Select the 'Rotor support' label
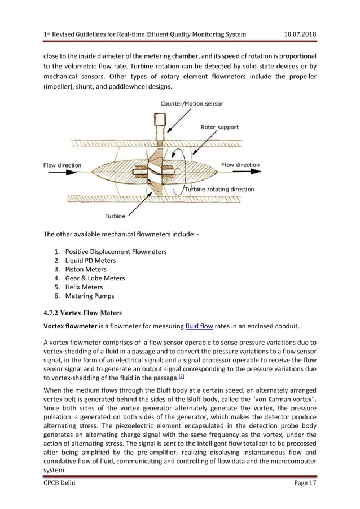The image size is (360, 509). [x=219, y=127]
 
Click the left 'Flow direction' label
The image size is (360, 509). [x=62, y=165]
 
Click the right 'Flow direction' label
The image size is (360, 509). [x=240, y=165]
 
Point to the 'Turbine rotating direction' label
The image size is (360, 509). [x=219, y=189]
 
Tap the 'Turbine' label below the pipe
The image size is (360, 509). [x=115, y=215]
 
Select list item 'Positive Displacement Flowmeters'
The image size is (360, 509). [x=116, y=251]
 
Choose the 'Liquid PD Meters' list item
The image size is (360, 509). [x=90, y=260]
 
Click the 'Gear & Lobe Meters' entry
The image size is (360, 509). [x=95, y=278]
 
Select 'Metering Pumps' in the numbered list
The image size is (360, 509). [x=89, y=296]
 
